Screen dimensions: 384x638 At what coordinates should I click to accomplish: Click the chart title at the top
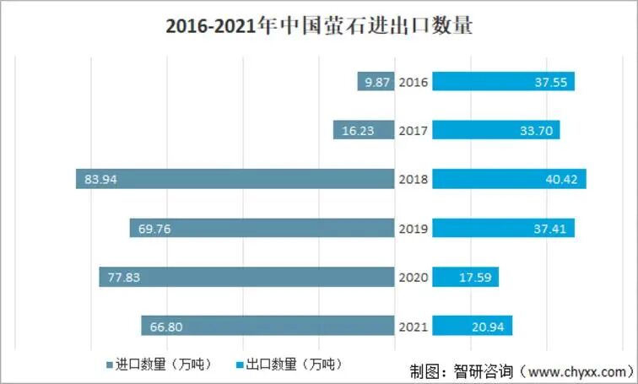319,27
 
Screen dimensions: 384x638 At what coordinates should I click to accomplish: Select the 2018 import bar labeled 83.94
235,179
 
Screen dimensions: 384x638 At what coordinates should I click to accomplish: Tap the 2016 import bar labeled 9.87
376,82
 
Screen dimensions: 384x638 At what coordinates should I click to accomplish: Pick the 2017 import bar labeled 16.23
364,130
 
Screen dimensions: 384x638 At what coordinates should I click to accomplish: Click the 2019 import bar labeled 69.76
262,228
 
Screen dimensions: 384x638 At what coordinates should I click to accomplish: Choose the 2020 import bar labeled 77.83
247,277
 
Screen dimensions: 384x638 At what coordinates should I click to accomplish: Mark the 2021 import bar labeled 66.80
268,326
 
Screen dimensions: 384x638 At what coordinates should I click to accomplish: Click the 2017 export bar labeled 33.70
496,130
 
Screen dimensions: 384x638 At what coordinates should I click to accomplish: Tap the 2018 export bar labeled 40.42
510,179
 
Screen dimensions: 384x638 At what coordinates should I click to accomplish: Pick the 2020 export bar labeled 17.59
466,277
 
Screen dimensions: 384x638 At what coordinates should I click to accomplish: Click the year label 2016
414,82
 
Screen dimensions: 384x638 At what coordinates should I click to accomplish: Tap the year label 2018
414,179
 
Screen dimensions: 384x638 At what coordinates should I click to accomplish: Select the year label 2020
414,277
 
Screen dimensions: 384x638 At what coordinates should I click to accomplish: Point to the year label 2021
414,326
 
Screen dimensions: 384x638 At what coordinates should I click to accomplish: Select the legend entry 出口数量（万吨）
290,365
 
